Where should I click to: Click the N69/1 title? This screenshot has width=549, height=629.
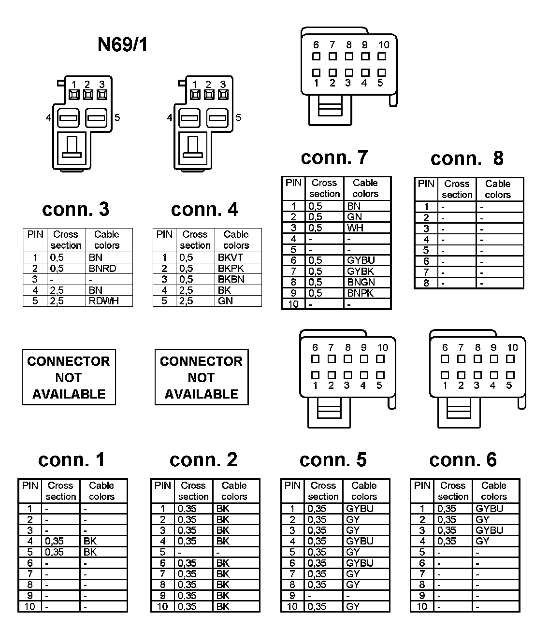coord(122,45)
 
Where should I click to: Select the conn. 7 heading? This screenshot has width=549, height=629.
coord(334,157)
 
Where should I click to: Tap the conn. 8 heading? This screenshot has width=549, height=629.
coord(466,158)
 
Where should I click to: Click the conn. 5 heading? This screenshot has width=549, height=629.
coord(333,460)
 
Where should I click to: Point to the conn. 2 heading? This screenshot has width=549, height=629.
coord(203,460)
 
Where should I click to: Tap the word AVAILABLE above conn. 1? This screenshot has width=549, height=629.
coord(69,394)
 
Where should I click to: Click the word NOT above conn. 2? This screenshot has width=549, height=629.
coord(201,377)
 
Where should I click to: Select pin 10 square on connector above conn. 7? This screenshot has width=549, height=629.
coord(382,56)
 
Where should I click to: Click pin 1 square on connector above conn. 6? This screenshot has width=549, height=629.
coord(445,375)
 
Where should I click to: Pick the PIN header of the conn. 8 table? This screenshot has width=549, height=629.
coord(426,184)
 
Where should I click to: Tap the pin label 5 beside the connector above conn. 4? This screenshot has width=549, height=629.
coord(238,118)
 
